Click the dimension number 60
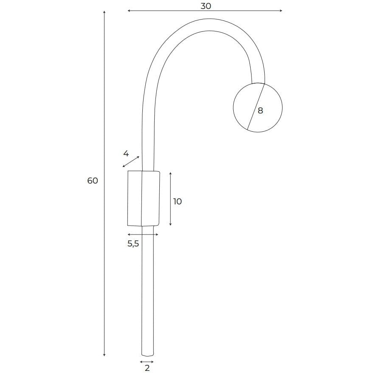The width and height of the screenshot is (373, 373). point(93,181)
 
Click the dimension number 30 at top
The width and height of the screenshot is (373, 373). point(206,6)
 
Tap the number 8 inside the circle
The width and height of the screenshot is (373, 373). point(260,110)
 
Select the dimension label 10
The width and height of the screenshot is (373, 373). point(178,201)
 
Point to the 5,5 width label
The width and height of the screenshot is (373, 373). point(133,243)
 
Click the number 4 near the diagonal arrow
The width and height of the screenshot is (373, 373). point(126,154)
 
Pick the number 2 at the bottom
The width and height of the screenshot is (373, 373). point(147,368)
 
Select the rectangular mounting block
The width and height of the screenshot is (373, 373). point(144,198)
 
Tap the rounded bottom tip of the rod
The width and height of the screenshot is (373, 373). point(147,356)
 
